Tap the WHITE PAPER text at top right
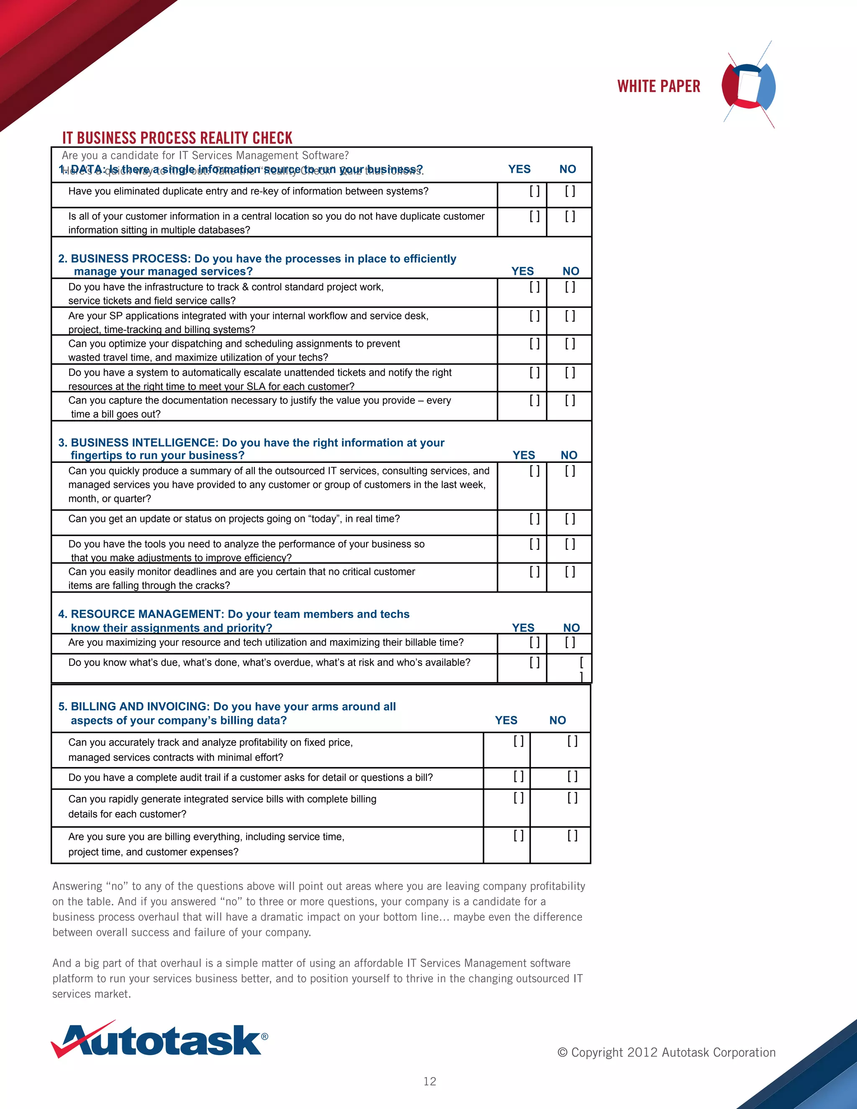[x=659, y=86]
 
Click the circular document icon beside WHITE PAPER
[x=748, y=85]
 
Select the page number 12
[x=429, y=1081]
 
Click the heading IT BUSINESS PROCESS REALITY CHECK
[x=177, y=138]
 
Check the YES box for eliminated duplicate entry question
[x=534, y=191]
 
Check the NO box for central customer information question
[x=570, y=216]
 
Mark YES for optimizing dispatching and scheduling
[x=534, y=344]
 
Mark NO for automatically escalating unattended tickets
[x=570, y=373]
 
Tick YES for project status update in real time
[x=534, y=519]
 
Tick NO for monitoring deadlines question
[x=570, y=572]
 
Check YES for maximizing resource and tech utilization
[x=534, y=642]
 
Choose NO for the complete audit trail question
[x=572, y=776]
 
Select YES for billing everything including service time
[x=518, y=835]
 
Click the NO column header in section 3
[x=569, y=455]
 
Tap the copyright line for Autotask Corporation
[x=666, y=1052]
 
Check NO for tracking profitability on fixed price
[x=572, y=742]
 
